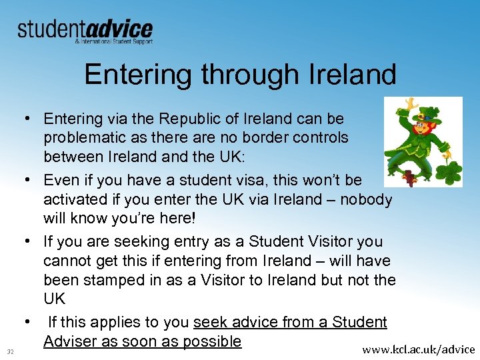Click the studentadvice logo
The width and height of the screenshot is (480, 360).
pyautogui.click(x=85, y=30)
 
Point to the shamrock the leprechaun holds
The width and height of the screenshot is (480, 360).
pyautogui.click(x=447, y=172)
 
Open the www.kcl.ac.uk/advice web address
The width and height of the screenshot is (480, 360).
pyautogui.click(x=418, y=349)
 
